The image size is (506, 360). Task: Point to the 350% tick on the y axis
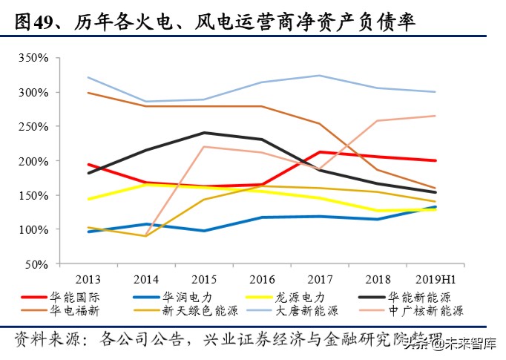pos(33,58)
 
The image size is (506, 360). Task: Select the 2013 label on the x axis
pos(89,280)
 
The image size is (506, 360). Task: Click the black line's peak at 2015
pos(204,133)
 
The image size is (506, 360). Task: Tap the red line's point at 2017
pos(319,152)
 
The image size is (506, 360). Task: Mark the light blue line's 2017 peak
pos(319,75)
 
